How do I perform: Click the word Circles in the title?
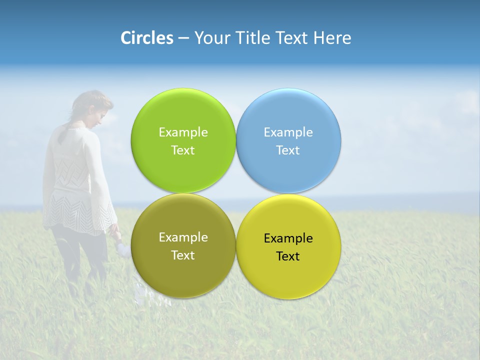[146, 38]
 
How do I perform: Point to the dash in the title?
[183, 38]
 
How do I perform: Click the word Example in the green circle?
[183, 132]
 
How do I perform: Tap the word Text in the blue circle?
[288, 150]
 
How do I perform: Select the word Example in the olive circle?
[183, 237]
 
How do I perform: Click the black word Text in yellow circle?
[288, 256]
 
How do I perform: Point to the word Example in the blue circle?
[288, 132]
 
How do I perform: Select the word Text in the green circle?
[183, 150]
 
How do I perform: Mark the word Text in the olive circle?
[183, 255]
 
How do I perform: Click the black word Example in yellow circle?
[288, 238]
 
